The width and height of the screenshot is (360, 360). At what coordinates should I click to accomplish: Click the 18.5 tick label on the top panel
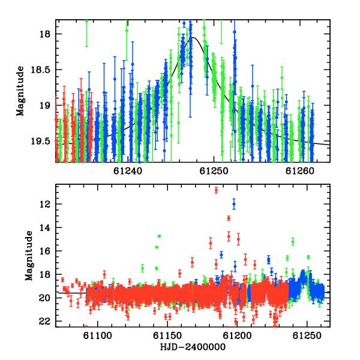40,70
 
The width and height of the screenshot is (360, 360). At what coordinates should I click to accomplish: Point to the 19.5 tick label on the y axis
40,141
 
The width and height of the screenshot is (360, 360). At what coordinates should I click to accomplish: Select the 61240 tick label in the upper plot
128,171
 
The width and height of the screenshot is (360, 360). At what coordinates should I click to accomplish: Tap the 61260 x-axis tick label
300,171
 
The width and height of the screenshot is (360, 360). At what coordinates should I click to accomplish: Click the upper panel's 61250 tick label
214,171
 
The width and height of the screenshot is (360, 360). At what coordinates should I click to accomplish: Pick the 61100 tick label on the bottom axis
98,335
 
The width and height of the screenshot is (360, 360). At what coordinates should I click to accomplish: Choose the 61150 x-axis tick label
167,335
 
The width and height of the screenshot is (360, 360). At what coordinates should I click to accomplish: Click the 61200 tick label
238,335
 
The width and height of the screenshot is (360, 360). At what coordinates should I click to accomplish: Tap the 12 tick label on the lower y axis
45,204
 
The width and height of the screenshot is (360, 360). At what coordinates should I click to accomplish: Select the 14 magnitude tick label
45,227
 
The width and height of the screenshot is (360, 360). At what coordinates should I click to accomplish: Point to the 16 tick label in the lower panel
45,251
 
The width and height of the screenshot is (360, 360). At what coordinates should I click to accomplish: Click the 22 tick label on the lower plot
45,322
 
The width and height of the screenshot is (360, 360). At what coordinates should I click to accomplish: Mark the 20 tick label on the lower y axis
45,298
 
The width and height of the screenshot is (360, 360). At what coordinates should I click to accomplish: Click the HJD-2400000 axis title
193,347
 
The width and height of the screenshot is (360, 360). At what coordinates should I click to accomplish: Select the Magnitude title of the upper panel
20,91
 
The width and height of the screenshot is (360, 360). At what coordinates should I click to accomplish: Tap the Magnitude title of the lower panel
29,256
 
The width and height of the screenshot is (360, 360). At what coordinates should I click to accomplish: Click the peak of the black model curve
193,37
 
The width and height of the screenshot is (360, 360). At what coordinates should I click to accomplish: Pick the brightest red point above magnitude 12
216,190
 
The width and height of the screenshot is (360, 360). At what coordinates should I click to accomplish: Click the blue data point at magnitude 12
234,204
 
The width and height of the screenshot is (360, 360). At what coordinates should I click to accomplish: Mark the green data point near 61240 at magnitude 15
293,242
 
